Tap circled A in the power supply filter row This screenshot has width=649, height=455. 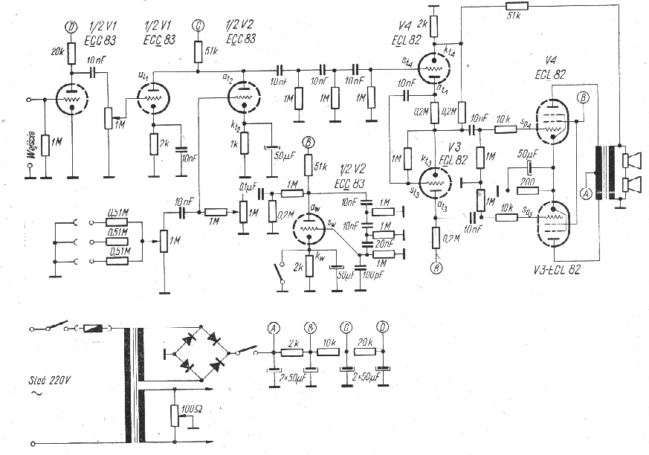pos(274,327)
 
